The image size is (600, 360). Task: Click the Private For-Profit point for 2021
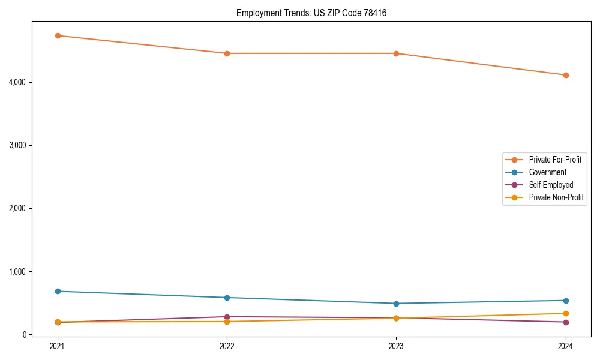coord(58,35)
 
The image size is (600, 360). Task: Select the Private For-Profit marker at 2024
coord(566,75)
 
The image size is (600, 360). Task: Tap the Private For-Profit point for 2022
coord(227,53)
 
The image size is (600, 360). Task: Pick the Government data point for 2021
coord(58,291)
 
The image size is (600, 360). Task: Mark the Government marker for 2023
coord(396,304)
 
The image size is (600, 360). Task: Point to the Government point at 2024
coord(566,301)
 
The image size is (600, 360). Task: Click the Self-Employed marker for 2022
coord(227,317)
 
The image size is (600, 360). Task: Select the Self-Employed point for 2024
coord(566,322)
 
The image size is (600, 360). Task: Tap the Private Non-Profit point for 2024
coord(566,313)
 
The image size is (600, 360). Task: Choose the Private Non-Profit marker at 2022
coord(227,322)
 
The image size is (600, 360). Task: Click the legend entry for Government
coord(547,172)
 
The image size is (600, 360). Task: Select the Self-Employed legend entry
coord(551,185)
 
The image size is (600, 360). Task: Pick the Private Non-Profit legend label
coord(556,197)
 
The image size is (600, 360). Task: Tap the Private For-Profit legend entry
coord(555,160)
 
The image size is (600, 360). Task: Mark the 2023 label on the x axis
coord(396,346)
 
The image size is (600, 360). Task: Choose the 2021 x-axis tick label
coord(58,346)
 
